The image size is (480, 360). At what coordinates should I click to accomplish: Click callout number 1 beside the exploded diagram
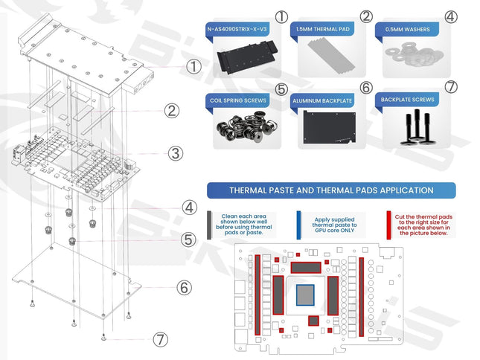tap(194, 65)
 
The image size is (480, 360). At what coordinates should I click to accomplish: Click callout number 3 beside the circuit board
tap(175, 153)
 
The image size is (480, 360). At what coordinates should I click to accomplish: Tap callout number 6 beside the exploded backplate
tap(184, 286)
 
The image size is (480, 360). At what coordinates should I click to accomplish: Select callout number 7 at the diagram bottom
tap(161, 340)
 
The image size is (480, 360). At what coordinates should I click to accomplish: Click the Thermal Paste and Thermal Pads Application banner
tap(331, 190)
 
